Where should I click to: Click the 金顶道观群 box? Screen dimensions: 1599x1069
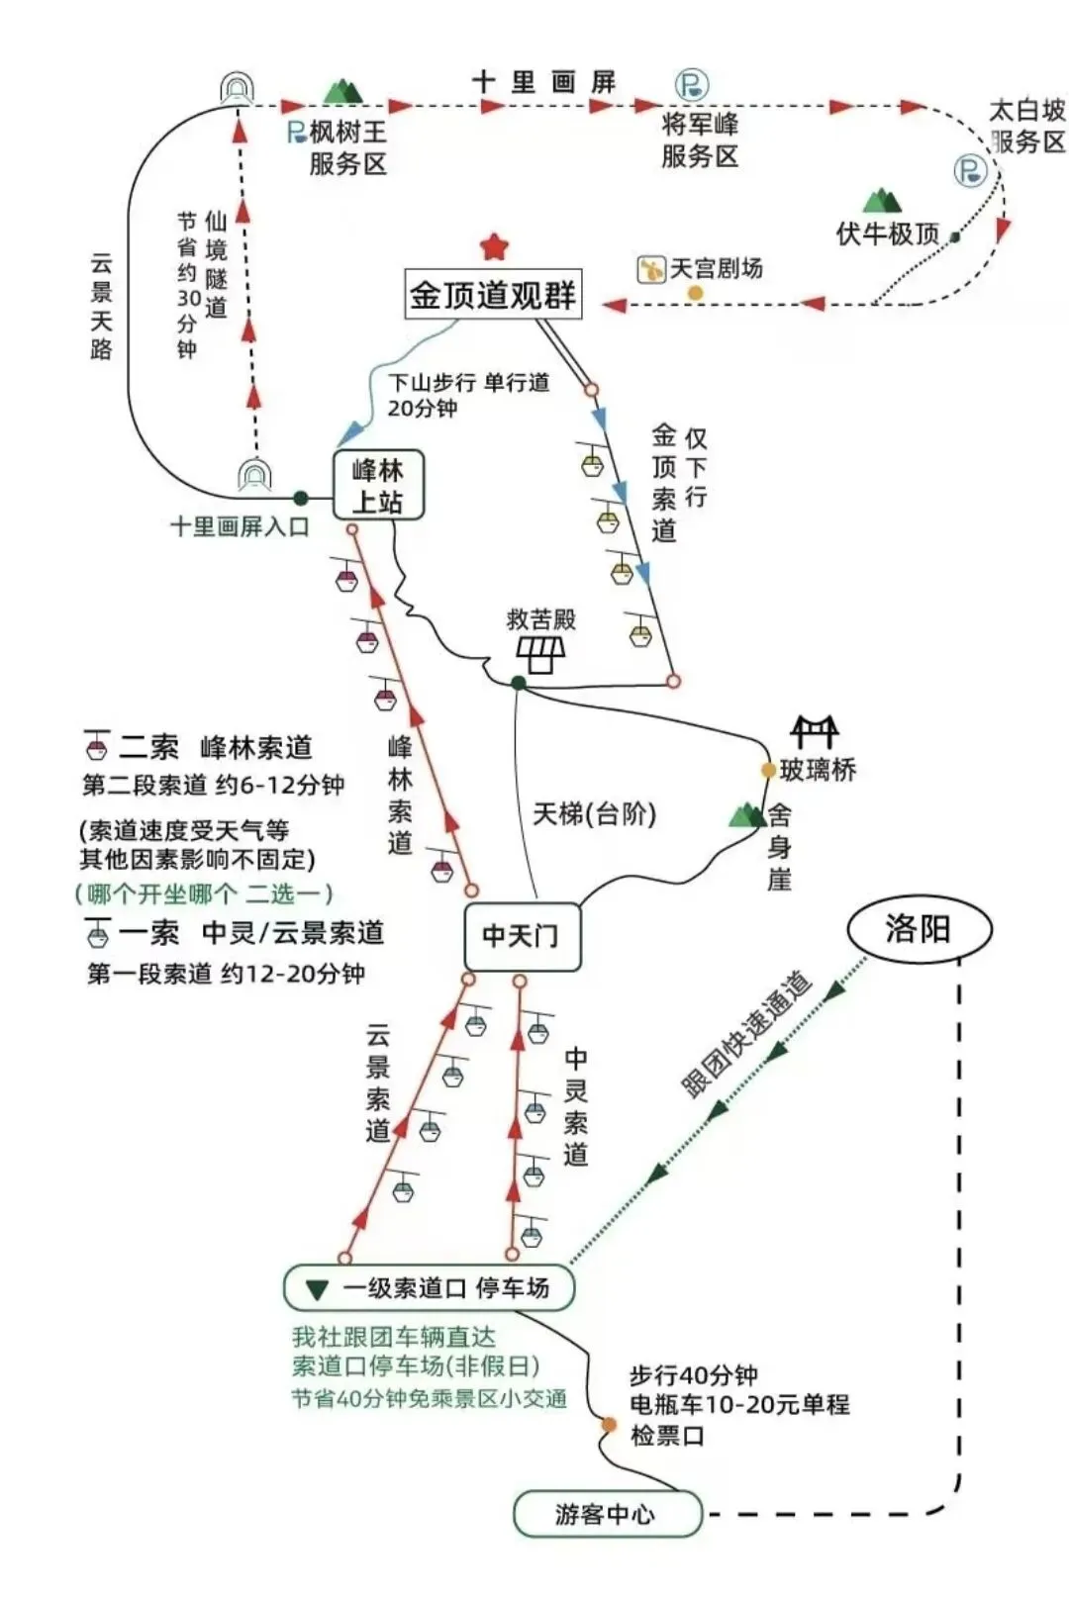click(493, 294)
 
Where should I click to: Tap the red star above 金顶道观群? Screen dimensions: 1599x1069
click(493, 246)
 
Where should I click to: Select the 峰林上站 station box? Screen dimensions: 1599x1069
click(378, 486)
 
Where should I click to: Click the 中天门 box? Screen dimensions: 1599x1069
click(522, 935)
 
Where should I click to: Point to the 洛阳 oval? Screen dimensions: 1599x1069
click(919, 929)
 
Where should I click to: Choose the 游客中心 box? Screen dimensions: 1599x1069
click(607, 1514)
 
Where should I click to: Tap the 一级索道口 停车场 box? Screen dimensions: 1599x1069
click(429, 1287)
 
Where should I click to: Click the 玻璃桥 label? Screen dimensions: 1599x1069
click(818, 770)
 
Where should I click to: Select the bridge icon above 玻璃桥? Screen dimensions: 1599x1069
click(814, 732)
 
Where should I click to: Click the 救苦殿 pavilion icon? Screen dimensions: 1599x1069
click(540, 653)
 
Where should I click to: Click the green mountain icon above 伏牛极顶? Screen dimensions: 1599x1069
click(881, 202)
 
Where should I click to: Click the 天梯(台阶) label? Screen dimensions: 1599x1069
click(594, 814)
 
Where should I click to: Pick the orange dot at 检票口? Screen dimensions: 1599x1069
click(609, 1425)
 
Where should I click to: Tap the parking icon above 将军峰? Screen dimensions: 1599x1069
click(691, 84)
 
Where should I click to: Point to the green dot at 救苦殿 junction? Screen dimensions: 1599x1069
click(518, 683)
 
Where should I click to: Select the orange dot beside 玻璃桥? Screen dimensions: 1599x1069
click(767, 770)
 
